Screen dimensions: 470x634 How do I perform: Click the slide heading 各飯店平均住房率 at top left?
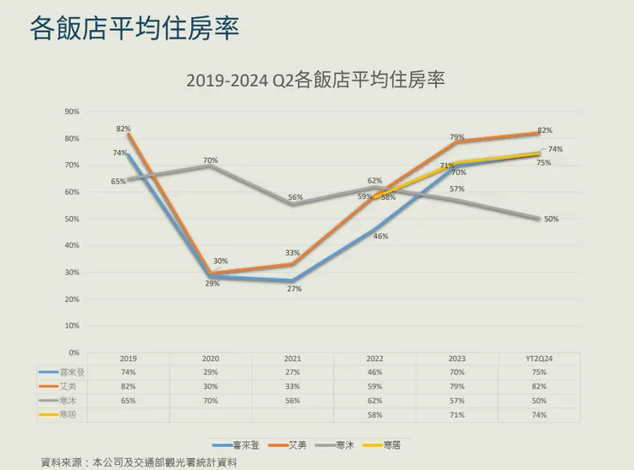[134, 27]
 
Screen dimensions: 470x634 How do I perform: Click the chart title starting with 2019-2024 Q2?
[316, 81]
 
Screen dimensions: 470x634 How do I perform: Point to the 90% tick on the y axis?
[72, 111]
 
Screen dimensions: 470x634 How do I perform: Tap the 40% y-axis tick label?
[72, 245]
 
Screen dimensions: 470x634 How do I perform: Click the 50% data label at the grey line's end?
[551, 219]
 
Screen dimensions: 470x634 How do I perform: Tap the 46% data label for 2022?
[380, 236]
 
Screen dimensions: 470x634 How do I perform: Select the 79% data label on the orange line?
[458, 137]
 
